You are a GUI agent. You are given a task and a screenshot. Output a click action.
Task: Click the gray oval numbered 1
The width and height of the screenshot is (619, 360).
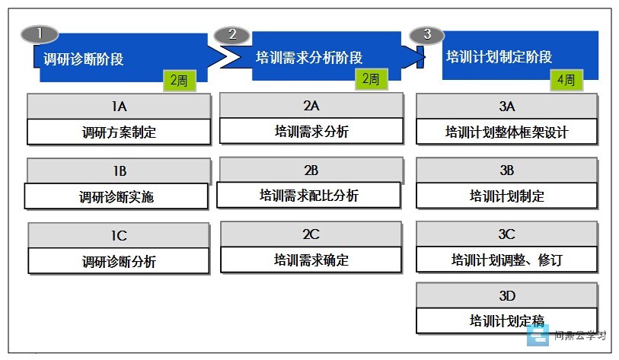[x=40, y=34]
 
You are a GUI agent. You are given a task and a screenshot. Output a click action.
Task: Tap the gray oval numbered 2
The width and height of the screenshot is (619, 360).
[x=231, y=35]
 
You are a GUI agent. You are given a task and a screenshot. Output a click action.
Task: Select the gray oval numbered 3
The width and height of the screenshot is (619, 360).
[x=426, y=35]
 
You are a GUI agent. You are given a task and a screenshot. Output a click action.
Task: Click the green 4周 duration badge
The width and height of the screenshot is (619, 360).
[x=566, y=80]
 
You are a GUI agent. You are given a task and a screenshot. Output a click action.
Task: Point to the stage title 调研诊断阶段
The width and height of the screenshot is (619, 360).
[x=83, y=59]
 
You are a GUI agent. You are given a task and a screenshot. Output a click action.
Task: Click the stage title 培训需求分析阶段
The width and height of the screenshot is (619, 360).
[x=308, y=58]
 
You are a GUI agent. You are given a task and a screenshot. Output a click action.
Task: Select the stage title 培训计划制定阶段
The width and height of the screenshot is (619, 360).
[x=499, y=57]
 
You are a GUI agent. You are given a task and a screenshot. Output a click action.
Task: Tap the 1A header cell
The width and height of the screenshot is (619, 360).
[x=119, y=107]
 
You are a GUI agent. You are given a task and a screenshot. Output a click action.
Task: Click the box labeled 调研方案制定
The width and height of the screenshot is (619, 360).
[x=119, y=132]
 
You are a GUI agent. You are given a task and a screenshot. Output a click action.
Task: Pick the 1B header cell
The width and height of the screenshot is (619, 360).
[x=119, y=171]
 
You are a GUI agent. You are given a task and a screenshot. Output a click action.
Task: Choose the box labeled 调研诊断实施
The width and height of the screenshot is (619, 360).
[x=116, y=196]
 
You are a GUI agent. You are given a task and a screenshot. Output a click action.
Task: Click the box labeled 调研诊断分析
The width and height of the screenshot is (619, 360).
[x=119, y=261]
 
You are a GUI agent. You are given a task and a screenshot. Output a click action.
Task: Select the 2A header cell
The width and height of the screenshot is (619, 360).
[x=311, y=105]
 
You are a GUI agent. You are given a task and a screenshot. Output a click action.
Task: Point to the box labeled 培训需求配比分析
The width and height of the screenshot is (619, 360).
[x=308, y=195]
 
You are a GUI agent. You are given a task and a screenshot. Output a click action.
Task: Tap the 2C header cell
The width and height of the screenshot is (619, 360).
[x=311, y=234]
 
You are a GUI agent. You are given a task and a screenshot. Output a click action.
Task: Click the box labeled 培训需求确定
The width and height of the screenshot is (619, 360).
[x=311, y=260]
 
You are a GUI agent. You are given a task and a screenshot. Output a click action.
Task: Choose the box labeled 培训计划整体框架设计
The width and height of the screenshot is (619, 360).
[x=507, y=132]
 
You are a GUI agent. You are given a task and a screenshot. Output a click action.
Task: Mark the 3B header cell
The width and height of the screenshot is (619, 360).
[x=507, y=170]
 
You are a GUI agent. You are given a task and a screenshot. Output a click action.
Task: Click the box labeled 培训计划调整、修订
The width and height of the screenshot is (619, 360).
[x=507, y=260]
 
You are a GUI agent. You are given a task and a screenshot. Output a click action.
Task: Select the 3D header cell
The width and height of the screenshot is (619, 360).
[x=507, y=295]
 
